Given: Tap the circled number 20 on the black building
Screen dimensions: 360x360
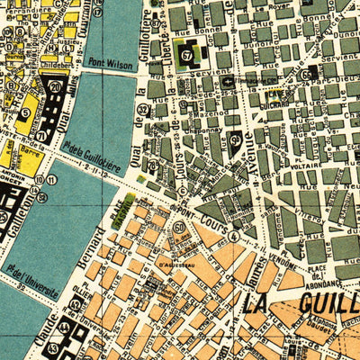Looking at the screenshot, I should coord(55,86).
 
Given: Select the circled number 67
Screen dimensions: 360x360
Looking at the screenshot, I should coord(187,56).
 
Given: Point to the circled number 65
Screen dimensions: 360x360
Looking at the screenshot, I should coord(307,75).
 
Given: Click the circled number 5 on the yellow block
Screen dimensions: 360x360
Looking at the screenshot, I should coord(25,113).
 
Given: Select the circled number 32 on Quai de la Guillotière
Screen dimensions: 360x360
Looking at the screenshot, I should coord(141,110).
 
